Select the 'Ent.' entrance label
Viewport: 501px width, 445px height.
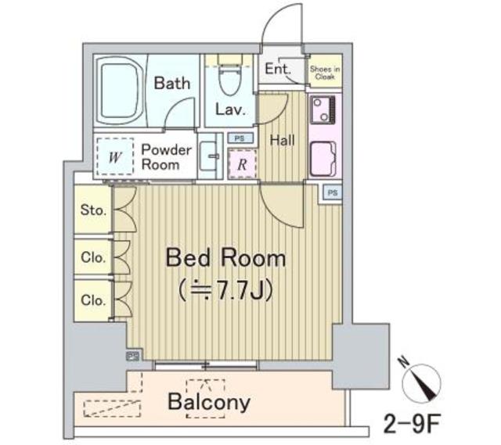[x=277, y=69]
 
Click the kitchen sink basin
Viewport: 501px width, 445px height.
[x=324, y=160]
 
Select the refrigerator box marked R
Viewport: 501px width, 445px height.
[x=242, y=164]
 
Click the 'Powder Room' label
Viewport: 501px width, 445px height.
[x=166, y=156]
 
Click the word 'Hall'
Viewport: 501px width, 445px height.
[x=282, y=141]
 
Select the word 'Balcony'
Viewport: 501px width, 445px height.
[x=209, y=402]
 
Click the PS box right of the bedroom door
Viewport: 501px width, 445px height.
[x=333, y=192]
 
